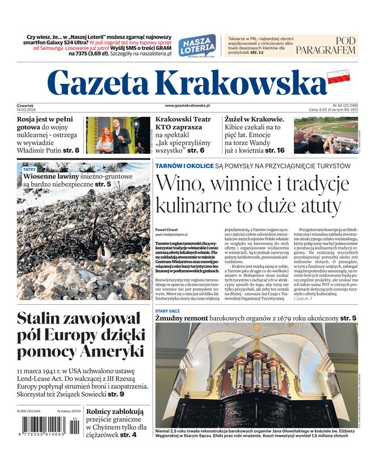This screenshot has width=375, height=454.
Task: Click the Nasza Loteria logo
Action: click(197, 47)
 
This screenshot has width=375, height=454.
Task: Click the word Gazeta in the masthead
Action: click(102, 83)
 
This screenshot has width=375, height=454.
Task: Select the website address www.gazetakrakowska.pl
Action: click(187, 106)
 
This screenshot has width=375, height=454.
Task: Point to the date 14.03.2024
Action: click(27, 110)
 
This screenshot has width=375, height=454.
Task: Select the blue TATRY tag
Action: click(29, 169)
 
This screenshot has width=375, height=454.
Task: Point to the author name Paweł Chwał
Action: click(166, 229)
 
